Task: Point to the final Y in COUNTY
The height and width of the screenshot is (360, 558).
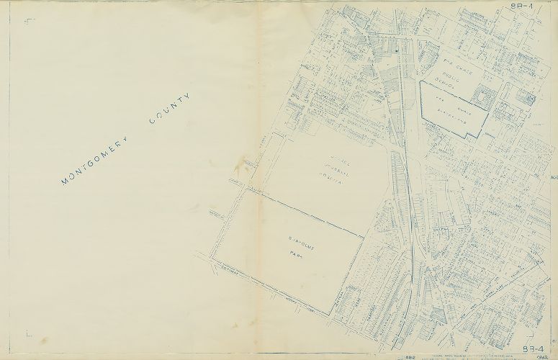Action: [189, 96]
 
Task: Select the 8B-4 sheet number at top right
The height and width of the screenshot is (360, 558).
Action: [518, 6]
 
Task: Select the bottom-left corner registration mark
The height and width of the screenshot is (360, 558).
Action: [28, 333]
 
